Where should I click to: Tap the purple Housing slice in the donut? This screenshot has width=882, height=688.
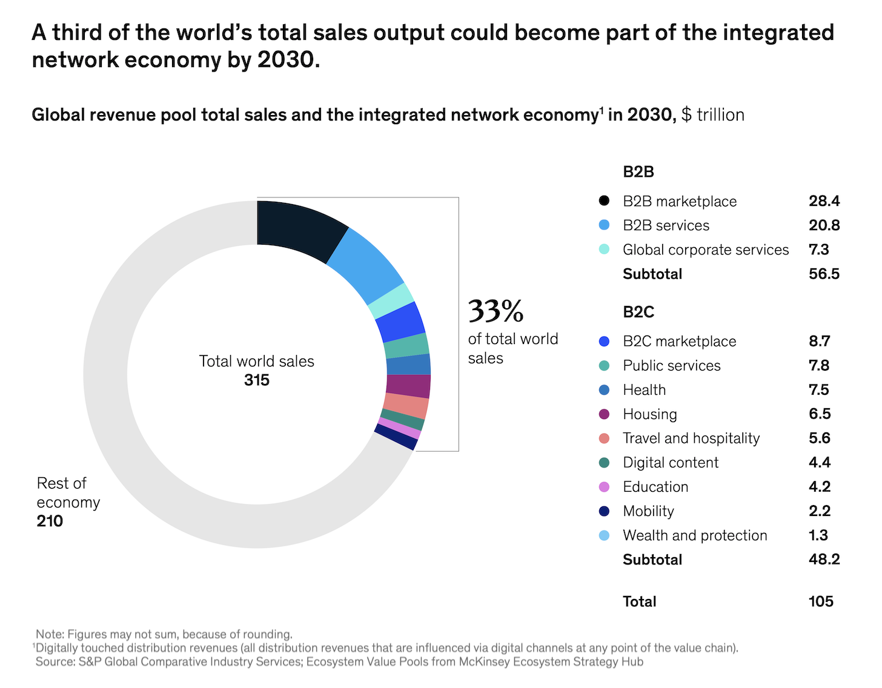[x=408, y=386]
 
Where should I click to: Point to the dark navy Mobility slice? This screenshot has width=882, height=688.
[x=396, y=437]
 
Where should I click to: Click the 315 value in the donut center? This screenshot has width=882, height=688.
[x=257, y=380]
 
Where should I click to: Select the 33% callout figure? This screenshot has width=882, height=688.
[x=496, y=311]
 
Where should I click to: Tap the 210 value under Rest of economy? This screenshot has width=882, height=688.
[x=50, y=521]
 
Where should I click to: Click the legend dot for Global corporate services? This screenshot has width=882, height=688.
[x=604, y=250]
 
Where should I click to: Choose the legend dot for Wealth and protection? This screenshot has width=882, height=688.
[x=604, y=535]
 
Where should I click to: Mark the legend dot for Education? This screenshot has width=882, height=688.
[x=604, y=487]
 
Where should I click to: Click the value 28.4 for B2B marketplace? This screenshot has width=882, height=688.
[x=824, y=201]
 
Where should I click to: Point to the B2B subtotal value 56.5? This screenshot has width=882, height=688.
[x=824, y=274]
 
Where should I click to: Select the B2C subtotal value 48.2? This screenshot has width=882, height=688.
[x=824, y=559]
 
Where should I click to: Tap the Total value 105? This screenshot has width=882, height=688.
[x=821, y=601]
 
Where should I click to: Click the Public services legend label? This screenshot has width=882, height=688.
[x=671, y=366]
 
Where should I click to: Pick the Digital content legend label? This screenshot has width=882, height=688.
[x=670, y=463]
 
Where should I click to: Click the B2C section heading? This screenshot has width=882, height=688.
[x=638, y=312]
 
